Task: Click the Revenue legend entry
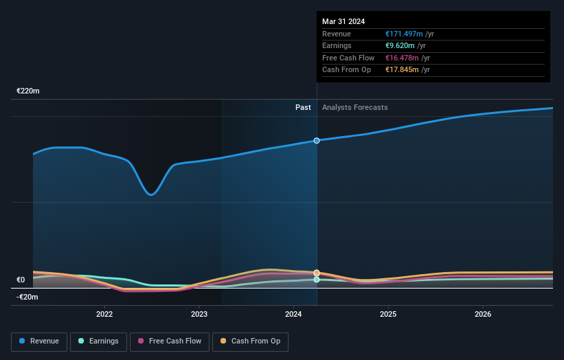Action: coord(39,341)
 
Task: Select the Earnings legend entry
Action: coord(98,341)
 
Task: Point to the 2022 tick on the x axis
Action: coord(104,315)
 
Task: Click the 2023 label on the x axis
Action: coord(199,315)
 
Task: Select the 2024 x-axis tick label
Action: coord(293,315)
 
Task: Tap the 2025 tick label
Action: coord(388,315)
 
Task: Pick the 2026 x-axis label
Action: coord(482,315)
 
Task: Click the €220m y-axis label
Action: coord(28,91)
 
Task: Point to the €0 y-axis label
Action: coord(21,280)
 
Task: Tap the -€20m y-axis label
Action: coord(27,297)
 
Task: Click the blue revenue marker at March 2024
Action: coord(317,140)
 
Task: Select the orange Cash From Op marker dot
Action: coord(317,273)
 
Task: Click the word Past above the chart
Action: coord(303,107)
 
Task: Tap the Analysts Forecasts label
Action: coord(354,107)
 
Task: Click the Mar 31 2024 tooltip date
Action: coord(343,21)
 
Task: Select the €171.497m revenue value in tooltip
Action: coord(404,34)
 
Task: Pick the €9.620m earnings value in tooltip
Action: coord(400,46)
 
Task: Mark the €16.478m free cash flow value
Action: coord(402,58)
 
